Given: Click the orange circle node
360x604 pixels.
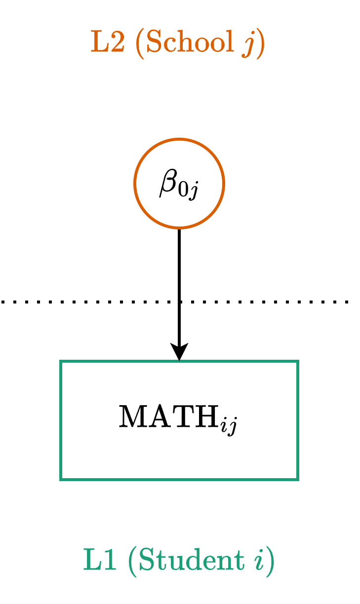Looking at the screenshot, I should pos(179,152).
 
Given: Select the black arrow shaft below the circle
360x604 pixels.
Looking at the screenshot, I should pos(179,276).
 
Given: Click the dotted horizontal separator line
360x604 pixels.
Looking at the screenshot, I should pos(74,301).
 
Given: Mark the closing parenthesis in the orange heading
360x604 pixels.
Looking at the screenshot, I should pos(260,44).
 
